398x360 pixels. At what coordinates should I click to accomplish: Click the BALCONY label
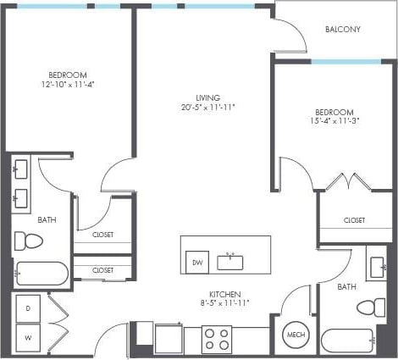point(343,30)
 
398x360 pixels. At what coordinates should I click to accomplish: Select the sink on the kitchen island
point(229,259)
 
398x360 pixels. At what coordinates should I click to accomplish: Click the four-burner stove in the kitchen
point(217,340)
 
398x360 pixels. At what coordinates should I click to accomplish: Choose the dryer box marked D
point(28,309)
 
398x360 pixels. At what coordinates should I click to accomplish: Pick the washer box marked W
point(28,338)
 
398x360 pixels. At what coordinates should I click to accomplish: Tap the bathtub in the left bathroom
point(41,274)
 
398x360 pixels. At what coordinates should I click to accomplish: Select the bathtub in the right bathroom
point(347,341)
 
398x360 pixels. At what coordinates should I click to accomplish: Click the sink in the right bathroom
point(377,267)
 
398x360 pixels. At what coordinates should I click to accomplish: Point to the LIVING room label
point(207,97)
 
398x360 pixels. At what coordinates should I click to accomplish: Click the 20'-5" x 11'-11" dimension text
point(207,108)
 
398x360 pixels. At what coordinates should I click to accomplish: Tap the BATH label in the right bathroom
point(346,287)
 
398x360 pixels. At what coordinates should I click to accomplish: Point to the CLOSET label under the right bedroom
point(355,220)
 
